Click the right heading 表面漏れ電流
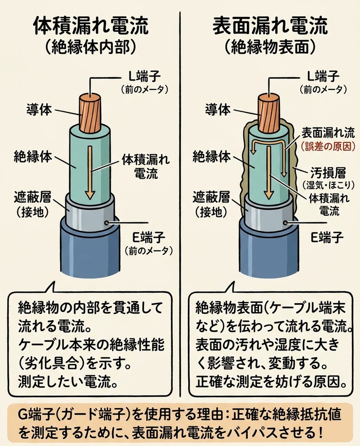pyautogui.click(x=270, y=26)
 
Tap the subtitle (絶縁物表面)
pyautogui.click(x=271, y=48)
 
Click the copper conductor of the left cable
pyautogui.click(x=90, y=113)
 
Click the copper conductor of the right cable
pyautogui.click(x=269, y=113)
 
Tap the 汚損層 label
pyautogui.click(x=328, y=172)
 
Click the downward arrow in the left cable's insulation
pyautogui.click(x=91, y=173)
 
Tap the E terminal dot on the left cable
pyautogui.click(x=107, y=222)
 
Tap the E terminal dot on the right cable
pyautogui.click(x=286, y=222)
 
